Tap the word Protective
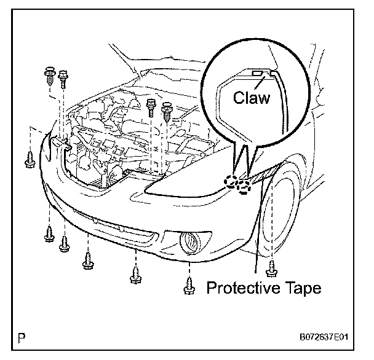point(239,287)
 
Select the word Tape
point(300,287)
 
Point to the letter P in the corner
point(23,337)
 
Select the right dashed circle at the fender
point(245,186)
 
